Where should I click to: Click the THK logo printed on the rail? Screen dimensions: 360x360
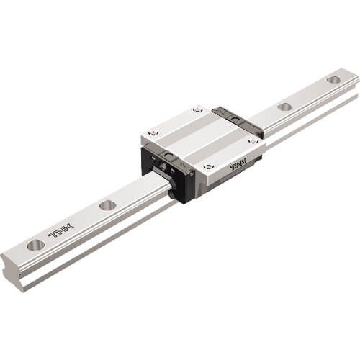pos(61,230)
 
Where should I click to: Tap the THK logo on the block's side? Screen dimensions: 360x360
pos(239,165)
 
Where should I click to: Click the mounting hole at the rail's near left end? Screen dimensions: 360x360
pos(36,245)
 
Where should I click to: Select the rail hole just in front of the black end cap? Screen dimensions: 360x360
pos(108,206)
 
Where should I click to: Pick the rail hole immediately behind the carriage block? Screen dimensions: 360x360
pos(284,107)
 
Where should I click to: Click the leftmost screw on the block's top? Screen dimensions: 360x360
pos(153,132)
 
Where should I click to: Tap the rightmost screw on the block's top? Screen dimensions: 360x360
pos(253,141)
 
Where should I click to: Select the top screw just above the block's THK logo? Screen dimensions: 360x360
pos(208,166)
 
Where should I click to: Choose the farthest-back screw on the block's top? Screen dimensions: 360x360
pos(197,110)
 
